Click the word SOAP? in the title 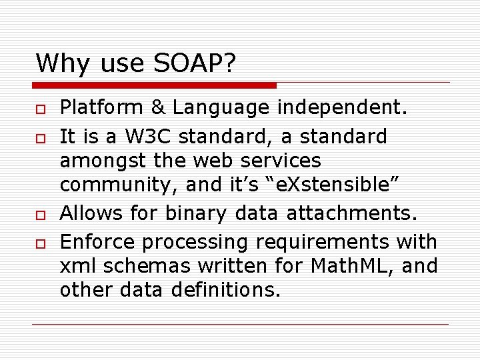pos(196,63)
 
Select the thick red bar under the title pos(155,85)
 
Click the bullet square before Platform pos(40,109)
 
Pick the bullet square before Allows pos(40,214)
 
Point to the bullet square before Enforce pos(40,241)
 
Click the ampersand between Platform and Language pos(153,107)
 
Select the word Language pos(217,108)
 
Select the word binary pos(197,214)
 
